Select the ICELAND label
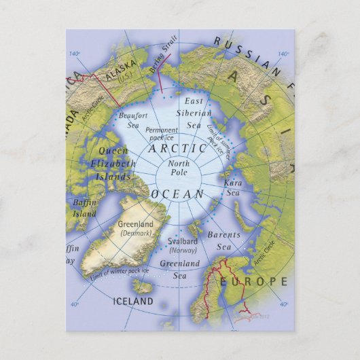(133, 300)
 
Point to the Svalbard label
(183, 240)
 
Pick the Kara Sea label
(233, 187)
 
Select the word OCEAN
(178, 194)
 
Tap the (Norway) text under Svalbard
(183, 251)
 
